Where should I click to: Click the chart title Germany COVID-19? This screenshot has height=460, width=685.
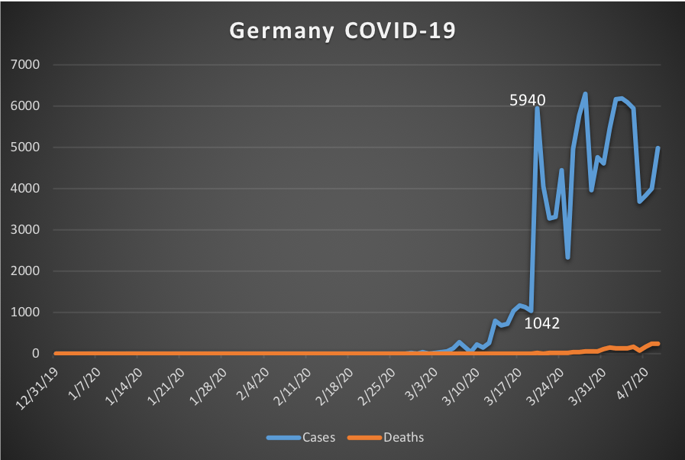pyautogui.click(x=343, y=31)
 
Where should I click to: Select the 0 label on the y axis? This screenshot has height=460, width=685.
pyautogui.click(x=35, y=354)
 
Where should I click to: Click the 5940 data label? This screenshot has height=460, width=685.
pyautogui.click(x=528, y=100)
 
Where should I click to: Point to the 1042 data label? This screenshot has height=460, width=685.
pyautogui.click(x=542, y=323)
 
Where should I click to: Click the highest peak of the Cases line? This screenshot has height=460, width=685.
pyautogui.click(x=585, y=94)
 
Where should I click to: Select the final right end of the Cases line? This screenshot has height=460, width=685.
pyautogui.click(x=658, y=148)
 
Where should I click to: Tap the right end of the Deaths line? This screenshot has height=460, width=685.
pyautogui.click(x=658, y=344)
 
